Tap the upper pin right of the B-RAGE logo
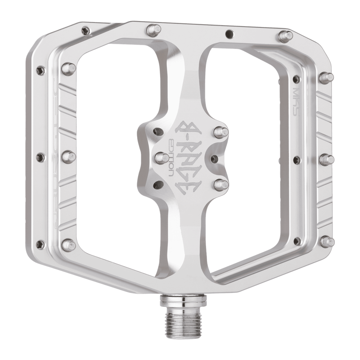(220, 132)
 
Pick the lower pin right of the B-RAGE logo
(220, 184)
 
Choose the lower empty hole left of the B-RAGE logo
(157, 184)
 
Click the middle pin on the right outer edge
(326, 159)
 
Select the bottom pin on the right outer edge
(327, 242)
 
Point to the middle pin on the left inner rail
(68, 157)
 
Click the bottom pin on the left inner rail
(68, 245)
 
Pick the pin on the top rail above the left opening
(153, 31)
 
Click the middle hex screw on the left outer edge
(40, 157)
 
